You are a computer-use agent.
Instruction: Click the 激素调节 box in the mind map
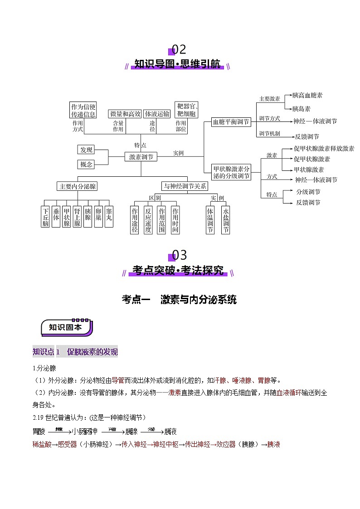[141, 157]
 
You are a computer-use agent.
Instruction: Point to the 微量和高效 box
[125, 114]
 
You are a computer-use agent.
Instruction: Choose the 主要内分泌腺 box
[78, 186]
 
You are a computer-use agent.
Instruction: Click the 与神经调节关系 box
[185, 186]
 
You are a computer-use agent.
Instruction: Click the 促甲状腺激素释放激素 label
[324, 149]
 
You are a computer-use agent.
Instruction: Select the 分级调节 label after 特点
[308, 192]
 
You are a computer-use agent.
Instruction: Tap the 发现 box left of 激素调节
[86, 150]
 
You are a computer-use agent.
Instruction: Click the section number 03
[180, 255]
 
